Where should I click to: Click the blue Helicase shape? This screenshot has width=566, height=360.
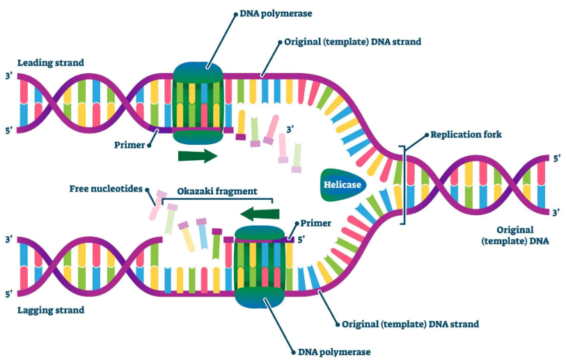click(x=342, y=184)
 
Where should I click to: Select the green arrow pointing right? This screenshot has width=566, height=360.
click(x=198, y=155)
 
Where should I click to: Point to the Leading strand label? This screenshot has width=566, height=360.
click(x=51, y=63)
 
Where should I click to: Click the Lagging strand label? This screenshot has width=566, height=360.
click(x=51, y=310)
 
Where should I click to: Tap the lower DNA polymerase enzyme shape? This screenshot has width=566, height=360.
click(x=260, y=267)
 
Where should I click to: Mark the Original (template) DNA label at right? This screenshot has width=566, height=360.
click(x=515, y=235)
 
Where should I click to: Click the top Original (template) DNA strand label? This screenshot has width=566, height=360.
click(x=352, y=42)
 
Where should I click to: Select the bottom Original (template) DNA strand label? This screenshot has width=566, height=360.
click(x=410, y=324)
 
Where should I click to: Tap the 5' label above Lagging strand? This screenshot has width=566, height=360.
click(x=8, y=293)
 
